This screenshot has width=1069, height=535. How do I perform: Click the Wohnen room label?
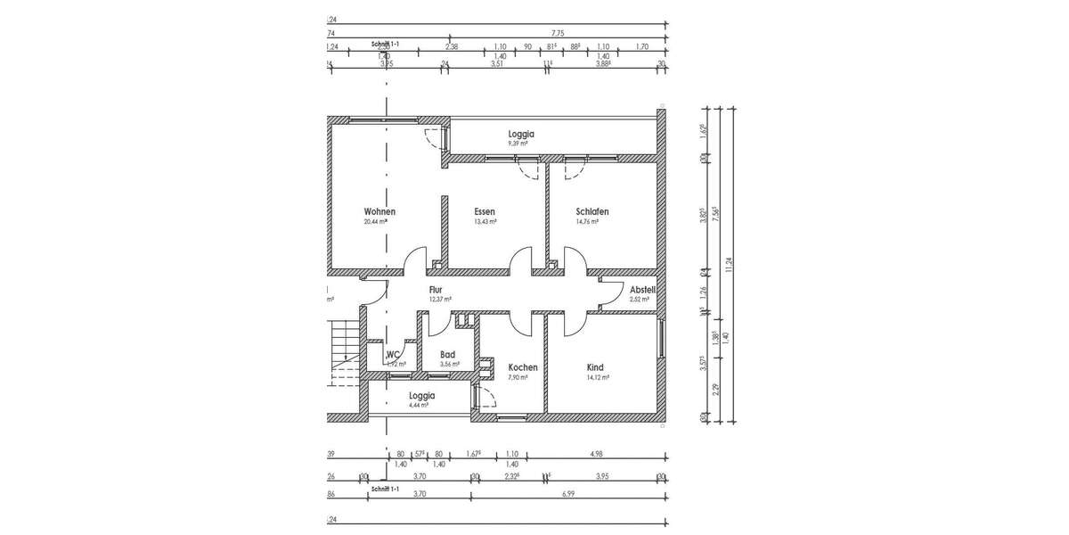[x=379, y=211]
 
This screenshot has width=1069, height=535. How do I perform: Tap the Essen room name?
[x=485, y=211]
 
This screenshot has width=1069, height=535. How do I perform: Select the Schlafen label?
[x=592, y=211]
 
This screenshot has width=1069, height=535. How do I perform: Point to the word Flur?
[x=436, y=290]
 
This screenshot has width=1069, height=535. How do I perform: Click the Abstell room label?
[x=642, y=290]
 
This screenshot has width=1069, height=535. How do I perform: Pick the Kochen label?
[x=522, y=367]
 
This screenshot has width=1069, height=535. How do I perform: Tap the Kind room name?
[x=595, y=367]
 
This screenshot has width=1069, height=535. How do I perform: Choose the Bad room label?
[x=447, y=354]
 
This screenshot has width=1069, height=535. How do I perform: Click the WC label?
[x=393, y=354]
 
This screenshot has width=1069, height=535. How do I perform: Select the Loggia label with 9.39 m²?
[x=521, y=134]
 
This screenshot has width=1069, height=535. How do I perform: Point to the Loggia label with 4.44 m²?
[x=421, y=395]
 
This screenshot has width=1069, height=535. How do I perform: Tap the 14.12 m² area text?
[x=597, y=378]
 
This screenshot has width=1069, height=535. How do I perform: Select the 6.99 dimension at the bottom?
[x=567, y=492]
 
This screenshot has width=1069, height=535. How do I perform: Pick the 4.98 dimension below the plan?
[x=597, y=455]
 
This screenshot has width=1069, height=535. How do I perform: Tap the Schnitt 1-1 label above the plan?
[x=385, y=44]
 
